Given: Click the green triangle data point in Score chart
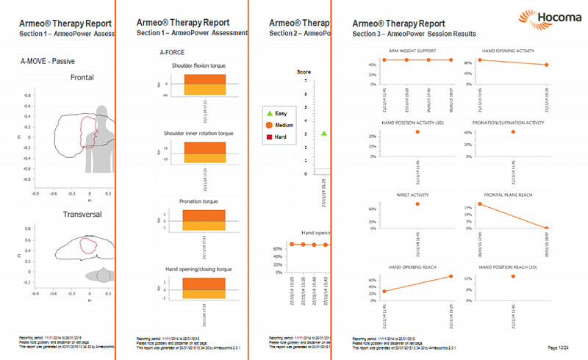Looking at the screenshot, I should (324, 134).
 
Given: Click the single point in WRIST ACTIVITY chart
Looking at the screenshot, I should (417, 204).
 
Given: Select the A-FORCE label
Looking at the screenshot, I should (172, 53).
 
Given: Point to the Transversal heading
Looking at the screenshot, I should (80, 215).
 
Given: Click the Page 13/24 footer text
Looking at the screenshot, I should (562, 346).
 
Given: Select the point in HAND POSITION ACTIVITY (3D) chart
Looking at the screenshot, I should (417, 132).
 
